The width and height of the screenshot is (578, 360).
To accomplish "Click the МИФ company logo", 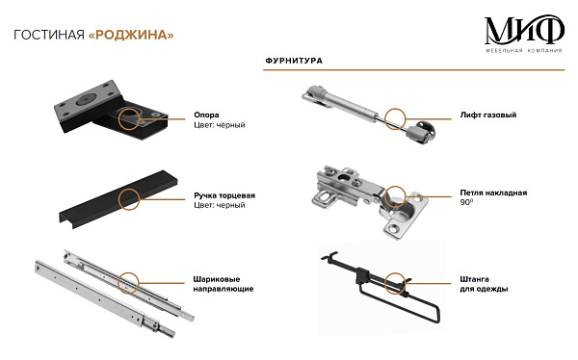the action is pyautogui.click(x=524, y=34).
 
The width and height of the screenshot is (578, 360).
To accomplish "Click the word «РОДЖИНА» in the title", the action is pyautogui.click(x=131, y=35).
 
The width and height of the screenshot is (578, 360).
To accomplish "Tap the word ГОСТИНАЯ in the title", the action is pyautogui.click(x=49, y=35).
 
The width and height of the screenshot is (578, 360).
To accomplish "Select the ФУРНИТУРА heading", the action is pyautogui.click(x=294, y=61).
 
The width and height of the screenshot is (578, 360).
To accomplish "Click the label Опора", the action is pyautogui.click(x=206, y=115).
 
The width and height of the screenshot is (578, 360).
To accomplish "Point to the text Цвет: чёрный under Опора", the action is pyautogui.click(x=220, y=125).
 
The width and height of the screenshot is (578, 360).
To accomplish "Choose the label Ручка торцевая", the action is pyautogui.click(x=224, y=195).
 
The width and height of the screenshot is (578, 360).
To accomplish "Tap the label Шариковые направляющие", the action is pyautogui.click(x=223, y=284).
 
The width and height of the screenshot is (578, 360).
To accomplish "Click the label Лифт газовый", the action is pyautogui.click(x=488, y=115).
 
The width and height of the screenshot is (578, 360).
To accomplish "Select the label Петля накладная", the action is pyautogui.click(x=493, y=193).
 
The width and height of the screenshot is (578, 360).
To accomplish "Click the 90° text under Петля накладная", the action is pyautogui.click(x=466, y=202).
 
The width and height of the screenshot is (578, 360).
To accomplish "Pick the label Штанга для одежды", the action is pyautogui.click(x=484, y=284).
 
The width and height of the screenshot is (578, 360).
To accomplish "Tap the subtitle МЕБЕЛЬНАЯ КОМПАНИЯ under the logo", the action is pyautogui.click(x=524, y=50).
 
